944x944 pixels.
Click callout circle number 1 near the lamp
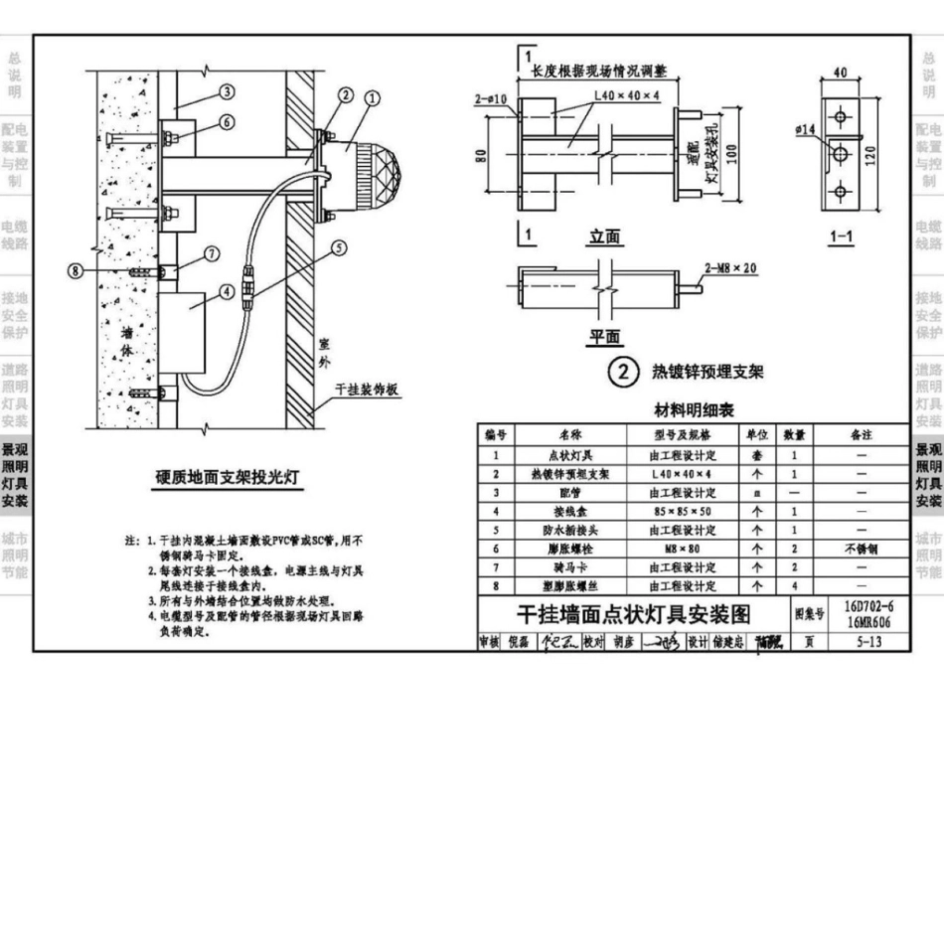click(373, 98)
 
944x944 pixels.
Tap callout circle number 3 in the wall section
click(227, 92)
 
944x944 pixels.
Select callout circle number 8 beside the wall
click(74, 270)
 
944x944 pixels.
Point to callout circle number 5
click(339, 248)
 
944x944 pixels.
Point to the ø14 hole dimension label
click(807, 129)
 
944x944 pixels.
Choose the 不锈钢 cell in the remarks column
click(861, 549)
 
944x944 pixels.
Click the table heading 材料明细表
click(695, 411)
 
